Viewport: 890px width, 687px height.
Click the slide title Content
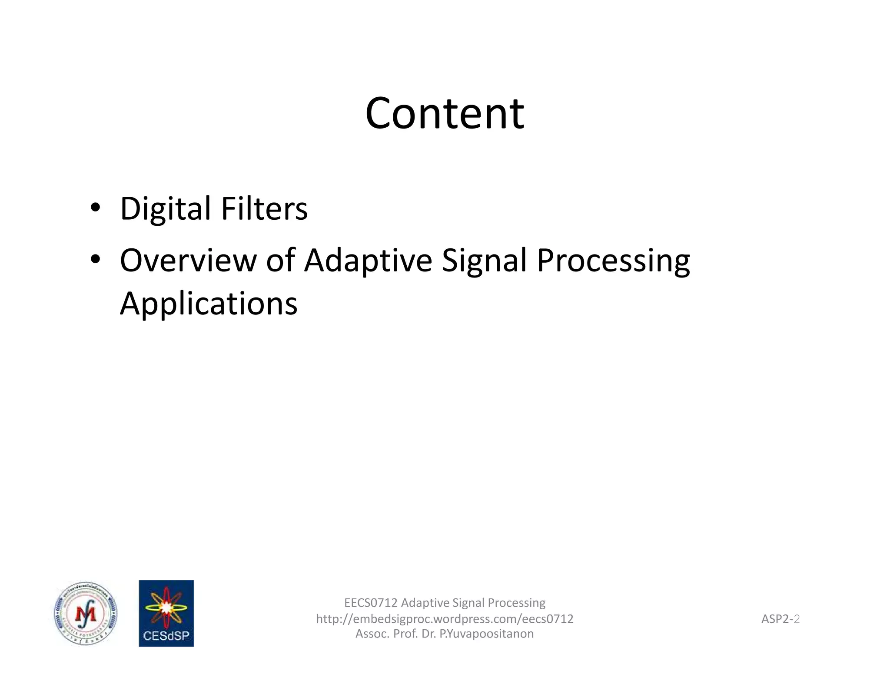(445, 113)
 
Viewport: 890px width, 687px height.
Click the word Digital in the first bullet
(165, 209)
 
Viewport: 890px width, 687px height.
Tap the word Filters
(264, 209)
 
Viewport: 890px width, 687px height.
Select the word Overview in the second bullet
(188, 261)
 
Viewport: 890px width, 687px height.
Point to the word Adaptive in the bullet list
(368, 261)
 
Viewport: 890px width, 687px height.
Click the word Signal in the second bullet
(484, 261)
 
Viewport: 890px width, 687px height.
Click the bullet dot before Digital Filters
(95, 208)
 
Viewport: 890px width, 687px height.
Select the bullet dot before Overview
(95, 259)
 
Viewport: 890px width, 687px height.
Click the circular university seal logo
(86, 614)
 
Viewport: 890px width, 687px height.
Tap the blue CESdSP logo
(166, 613)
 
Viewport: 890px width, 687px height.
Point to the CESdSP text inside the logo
(166, 636)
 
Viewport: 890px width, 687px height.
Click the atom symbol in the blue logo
(166, 607)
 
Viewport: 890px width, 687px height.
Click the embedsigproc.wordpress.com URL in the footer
(445, 619)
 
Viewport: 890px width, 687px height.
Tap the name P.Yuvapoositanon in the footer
(487, 634)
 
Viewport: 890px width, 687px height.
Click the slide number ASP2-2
(780, 619)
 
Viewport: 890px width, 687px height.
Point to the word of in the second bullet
(281, 261)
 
